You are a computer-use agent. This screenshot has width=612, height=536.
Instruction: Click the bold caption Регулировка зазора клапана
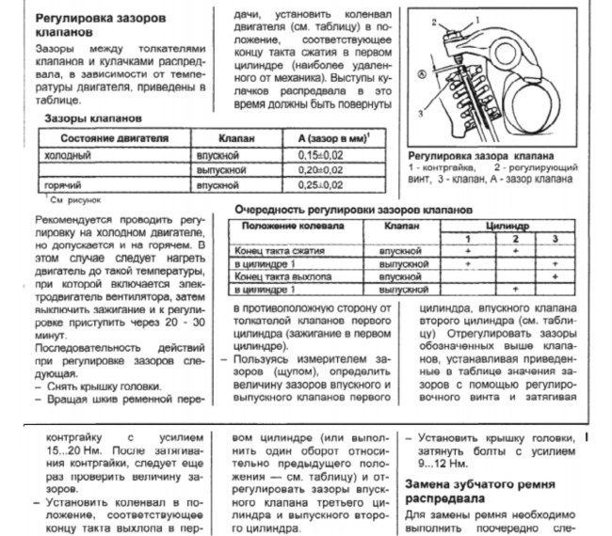pos(480,154)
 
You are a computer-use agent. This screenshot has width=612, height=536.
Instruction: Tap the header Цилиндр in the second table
pos(512,227)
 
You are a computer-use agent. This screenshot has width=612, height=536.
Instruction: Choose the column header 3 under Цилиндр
pos(556,240)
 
